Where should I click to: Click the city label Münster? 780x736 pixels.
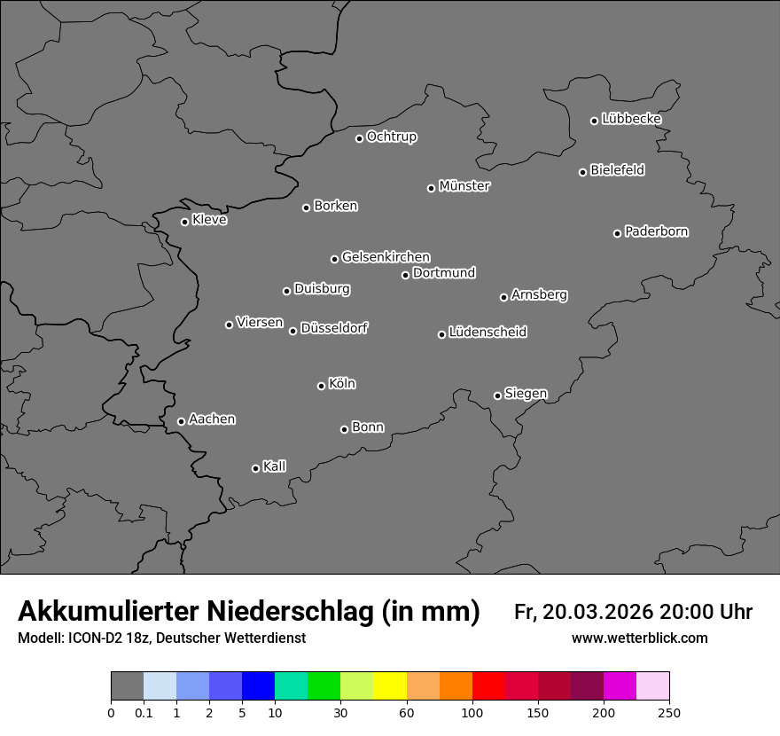coord(464,186)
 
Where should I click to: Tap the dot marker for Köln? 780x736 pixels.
coord(321,386)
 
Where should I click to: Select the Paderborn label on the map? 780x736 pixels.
coord(657,231)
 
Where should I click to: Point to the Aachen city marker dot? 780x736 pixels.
coord(181,421)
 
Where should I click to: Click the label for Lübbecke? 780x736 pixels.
coord(632,119)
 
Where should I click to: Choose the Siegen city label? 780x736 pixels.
coord(526,394)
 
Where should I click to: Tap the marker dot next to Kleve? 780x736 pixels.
coord(184,222)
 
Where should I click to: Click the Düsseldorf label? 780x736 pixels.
coord(334,328)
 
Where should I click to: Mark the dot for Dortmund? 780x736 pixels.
coord(405,275)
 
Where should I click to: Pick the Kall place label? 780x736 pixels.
coord(275,466)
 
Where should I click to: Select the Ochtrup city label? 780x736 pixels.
coord(392,137)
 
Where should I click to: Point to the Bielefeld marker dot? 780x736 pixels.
coord(582,172)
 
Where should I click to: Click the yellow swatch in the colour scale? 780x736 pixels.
coord(390,686)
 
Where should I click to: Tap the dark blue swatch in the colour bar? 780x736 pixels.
coord(258,686)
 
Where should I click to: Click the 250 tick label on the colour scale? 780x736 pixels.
coord(669,713)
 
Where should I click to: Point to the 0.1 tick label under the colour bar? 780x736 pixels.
coord(144,713)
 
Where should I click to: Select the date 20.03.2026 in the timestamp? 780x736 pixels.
coord(597,612)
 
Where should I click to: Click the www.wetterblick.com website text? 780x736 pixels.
coord(640,638)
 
